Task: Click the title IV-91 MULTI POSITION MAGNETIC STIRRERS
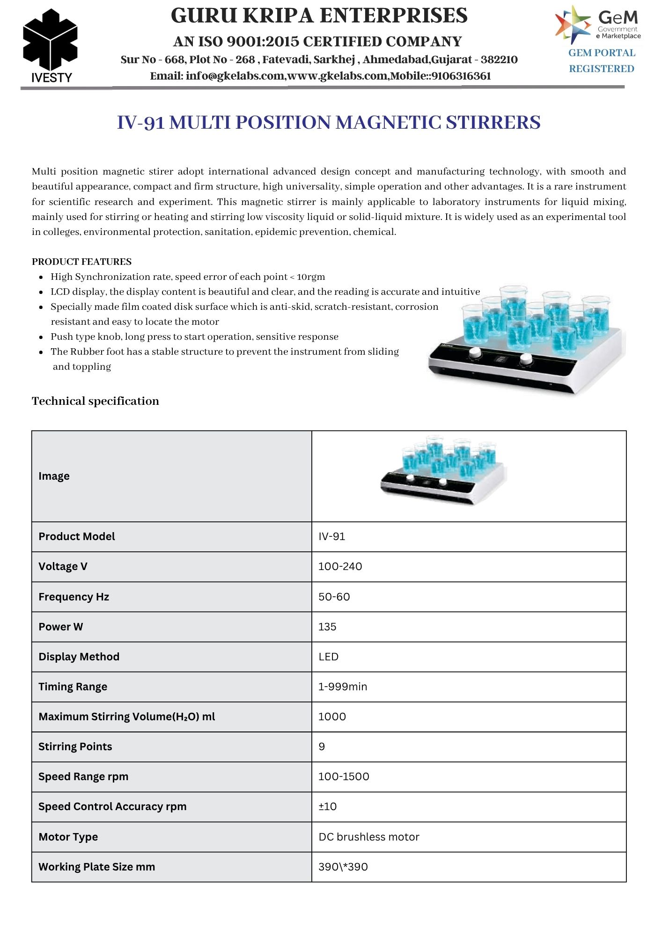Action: point(329,123)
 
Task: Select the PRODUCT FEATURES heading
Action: point(81,262)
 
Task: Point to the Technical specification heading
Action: point(96,401)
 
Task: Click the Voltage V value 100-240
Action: point(340,566)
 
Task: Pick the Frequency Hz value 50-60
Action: point(334,597)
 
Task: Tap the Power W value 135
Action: point(327,627)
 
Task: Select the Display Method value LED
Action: point(328,657)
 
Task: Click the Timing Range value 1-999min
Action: point(343,687)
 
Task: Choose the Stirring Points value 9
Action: point(322,746)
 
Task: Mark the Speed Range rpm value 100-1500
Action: point(344,776)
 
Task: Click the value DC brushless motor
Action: point(369,837)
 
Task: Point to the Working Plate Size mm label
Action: point(96,867)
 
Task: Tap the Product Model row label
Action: point(77,536)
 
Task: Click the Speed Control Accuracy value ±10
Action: point(328,806)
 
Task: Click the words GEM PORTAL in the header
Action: point(602,53)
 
